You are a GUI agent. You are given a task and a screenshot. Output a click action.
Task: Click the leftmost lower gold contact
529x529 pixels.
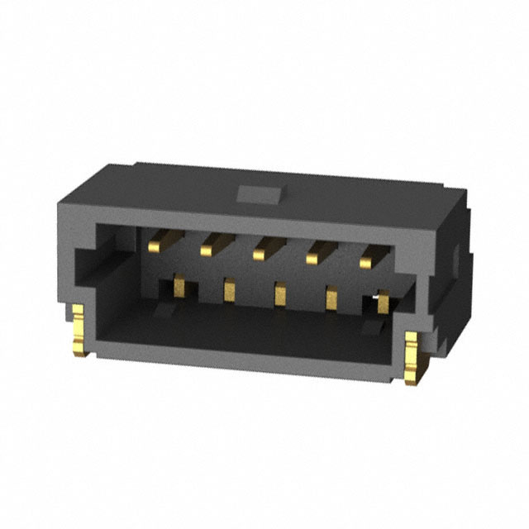[178, 286]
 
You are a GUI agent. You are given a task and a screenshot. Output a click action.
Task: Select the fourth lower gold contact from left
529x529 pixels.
[331, 298]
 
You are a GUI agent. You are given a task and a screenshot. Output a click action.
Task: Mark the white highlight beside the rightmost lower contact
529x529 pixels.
[375, 295]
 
